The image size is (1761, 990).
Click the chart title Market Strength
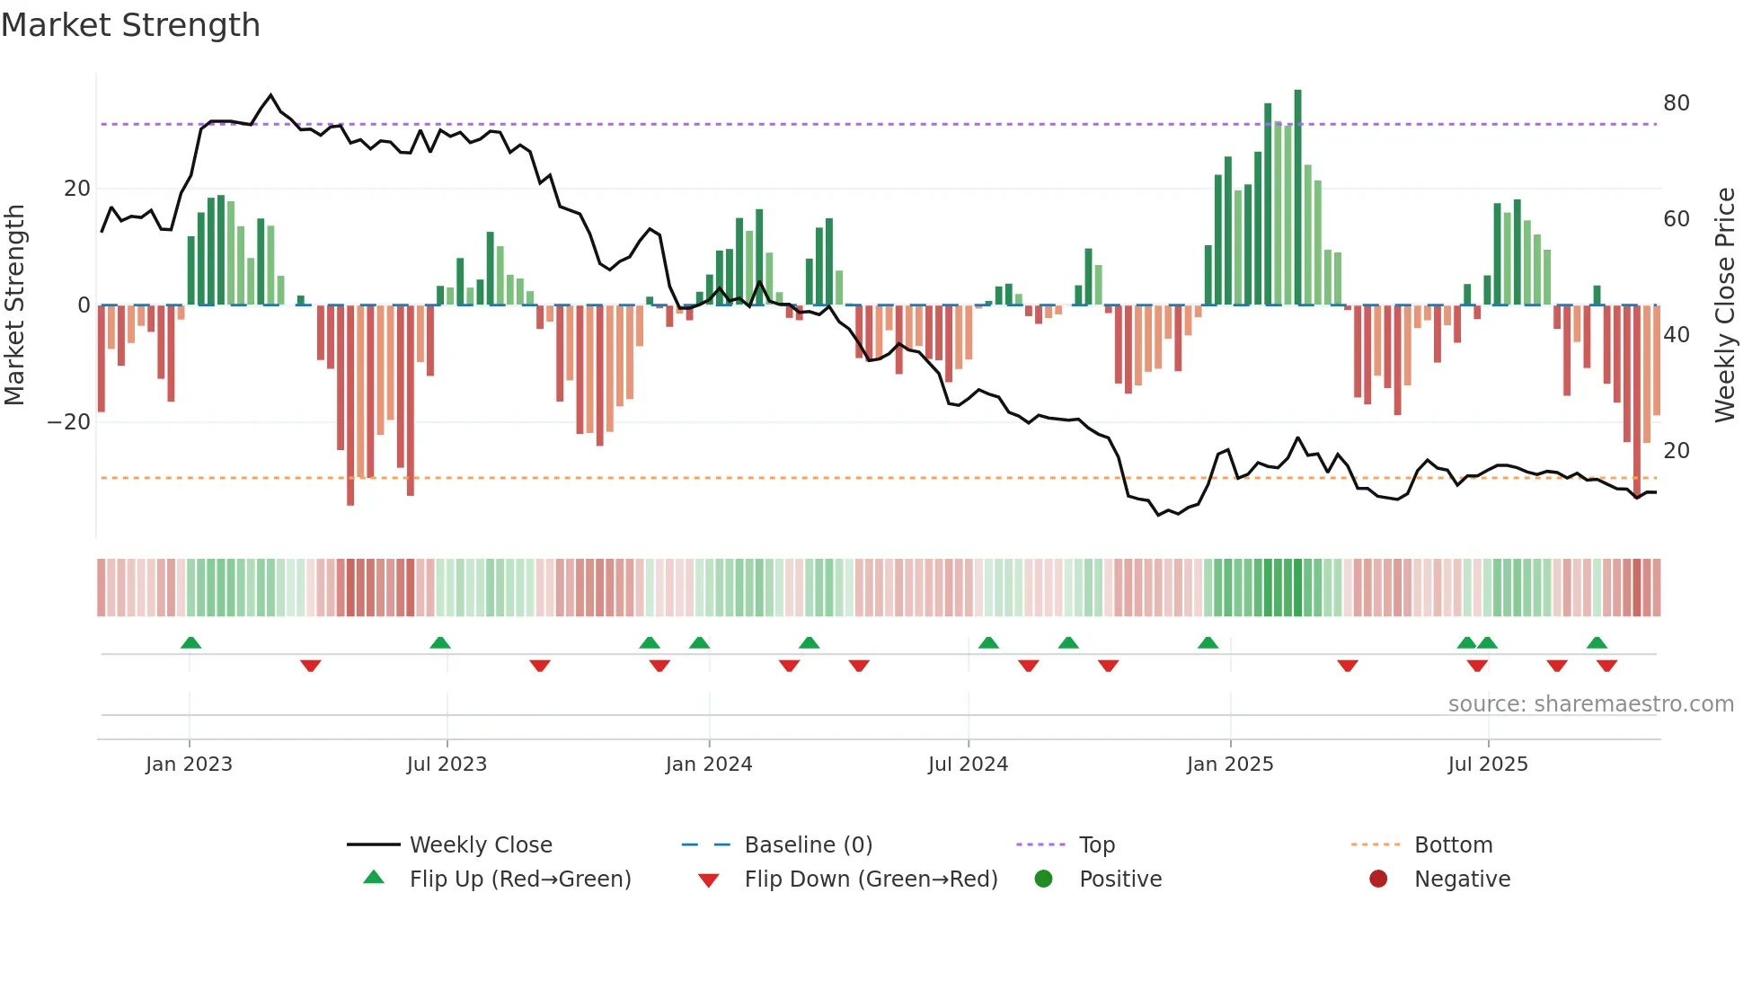(130, 25)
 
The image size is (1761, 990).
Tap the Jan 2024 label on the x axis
(708, 765)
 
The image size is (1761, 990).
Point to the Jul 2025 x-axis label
(1487, 765)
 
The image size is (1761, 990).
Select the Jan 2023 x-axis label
(189, 765)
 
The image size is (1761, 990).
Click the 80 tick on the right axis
(1676, 103)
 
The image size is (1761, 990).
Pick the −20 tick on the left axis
(69, 422)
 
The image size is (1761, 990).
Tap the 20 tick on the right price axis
(1676, 451)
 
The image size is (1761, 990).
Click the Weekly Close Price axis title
(1724, 305)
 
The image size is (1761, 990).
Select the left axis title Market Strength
(15, 305)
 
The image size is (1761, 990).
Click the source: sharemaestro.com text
(1590, 704)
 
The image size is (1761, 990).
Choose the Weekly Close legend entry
(480, 845)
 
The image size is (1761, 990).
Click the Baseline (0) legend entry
(808, 845)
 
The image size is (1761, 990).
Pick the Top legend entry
(1096, 845)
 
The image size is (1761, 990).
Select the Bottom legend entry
(1452, 845)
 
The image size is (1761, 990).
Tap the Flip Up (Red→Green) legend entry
(519, 880)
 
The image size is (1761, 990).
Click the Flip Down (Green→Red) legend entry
(870, 880)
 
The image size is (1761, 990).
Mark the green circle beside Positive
(1043, 879)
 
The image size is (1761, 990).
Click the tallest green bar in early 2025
(1297, 198)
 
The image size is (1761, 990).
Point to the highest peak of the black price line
(271, 94)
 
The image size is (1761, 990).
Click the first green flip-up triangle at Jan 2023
(190, 643)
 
